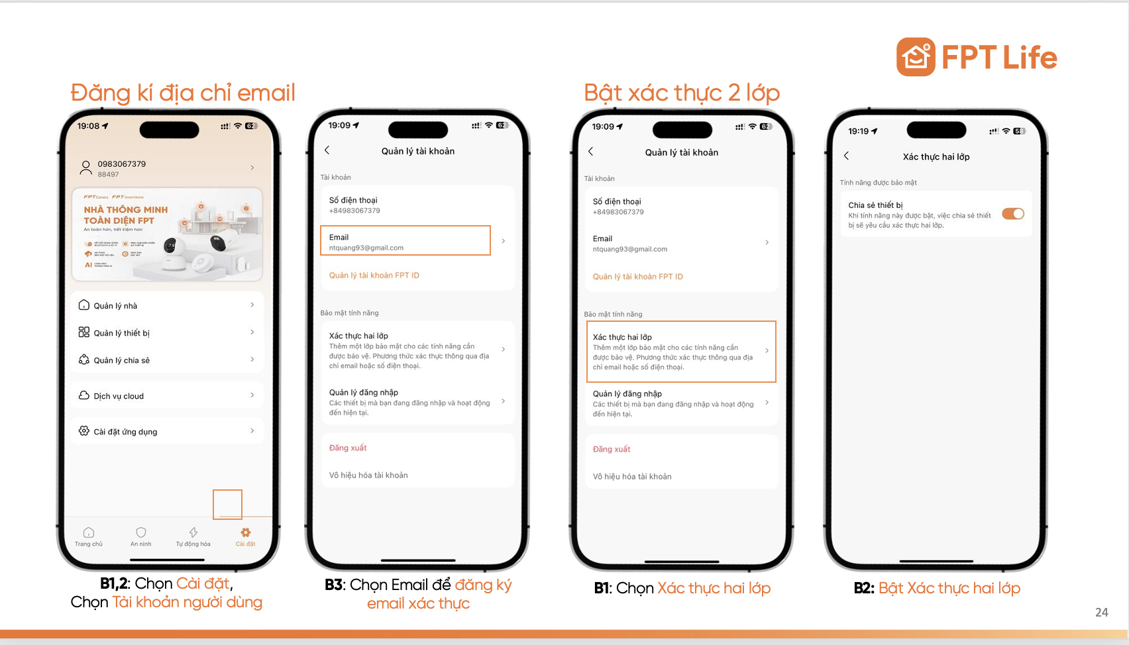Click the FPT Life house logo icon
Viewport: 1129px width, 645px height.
916,57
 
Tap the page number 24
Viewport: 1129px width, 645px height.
1101,613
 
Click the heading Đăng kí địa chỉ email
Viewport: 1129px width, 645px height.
183,93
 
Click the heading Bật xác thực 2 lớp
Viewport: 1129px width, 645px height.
682,93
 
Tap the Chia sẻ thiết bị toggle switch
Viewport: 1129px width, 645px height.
1012,214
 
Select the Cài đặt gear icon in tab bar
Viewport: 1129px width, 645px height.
246,533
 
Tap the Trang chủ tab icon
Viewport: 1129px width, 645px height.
89,533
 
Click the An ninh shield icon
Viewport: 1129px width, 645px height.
141,533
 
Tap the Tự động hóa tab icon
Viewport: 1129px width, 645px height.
193,533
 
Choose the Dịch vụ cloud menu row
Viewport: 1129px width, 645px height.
167,396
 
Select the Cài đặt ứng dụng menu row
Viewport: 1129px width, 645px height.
167,432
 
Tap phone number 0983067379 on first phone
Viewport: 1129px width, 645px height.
122,164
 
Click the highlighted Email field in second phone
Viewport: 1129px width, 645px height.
405,241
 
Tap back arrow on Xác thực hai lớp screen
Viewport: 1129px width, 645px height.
846,156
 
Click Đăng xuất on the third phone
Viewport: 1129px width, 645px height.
612,449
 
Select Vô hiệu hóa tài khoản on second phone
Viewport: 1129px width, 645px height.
368,475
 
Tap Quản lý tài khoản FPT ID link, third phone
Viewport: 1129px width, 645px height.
637,277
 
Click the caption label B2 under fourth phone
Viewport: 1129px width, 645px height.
864,588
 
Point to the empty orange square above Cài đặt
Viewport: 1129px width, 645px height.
227,505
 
